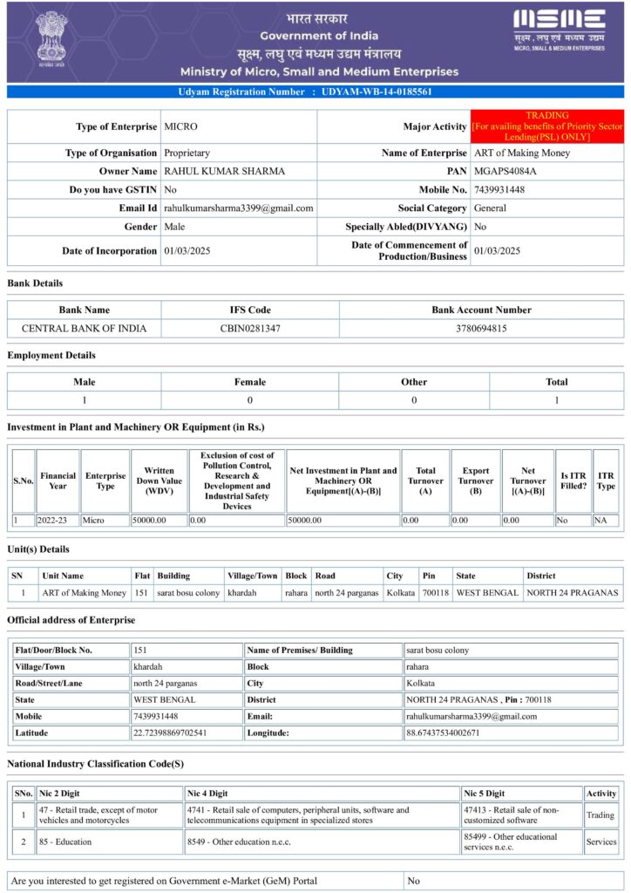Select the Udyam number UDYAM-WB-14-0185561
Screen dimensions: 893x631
pyautogui.click(x=377, y=92)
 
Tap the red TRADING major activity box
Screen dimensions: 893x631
pyautogui.click(x=547, y=126)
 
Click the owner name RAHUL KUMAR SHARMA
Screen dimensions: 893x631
pyautogui.click(x=224, y=171)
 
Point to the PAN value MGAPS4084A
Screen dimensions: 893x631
pyautogui.click(x=505, y=171)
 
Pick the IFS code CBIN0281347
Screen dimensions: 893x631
pyautogui.click(x=250, y=329)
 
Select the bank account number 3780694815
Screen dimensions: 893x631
pyautogui.click(x=481, y=329)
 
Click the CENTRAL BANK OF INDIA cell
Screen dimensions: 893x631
pyautogui.click(x=85, y=329)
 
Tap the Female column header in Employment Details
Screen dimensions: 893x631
pyautogui.click(x=250, y=381)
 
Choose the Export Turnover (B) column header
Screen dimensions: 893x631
pyautogui.click(x=476, y=481)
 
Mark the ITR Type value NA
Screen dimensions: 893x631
pyautogui.click(x=600, y=520)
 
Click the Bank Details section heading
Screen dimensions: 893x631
pyautogui.click(x=35, y=283)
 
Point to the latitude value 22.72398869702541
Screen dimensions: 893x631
pyautogui.click(x=170, y=733)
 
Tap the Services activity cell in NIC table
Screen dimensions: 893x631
pyautogui.click(x=600, y=842)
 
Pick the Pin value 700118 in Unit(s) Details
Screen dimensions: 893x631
pyautogui.click(x=435, y=593)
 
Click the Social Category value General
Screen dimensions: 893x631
pyautogui.click(x=491, y=208)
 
